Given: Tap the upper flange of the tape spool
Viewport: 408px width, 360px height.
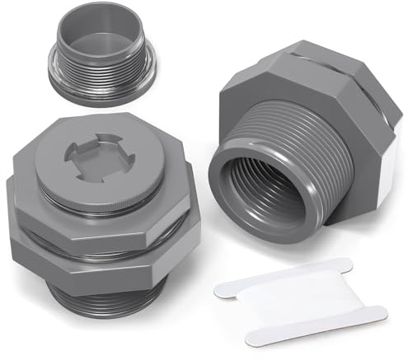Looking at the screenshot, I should pos(280,276).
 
